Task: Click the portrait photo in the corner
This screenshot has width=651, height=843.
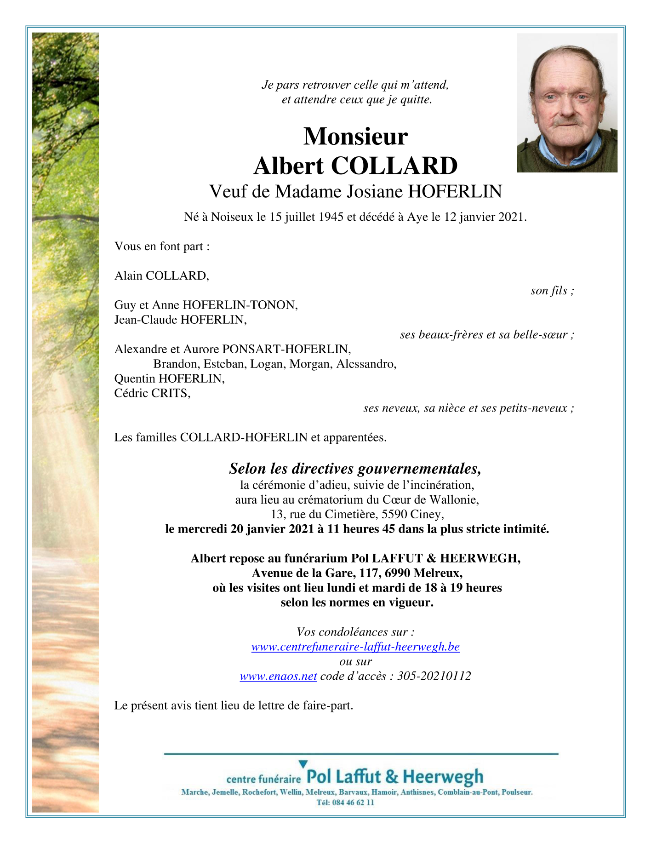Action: point(567,103)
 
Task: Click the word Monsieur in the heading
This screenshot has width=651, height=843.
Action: point(355,136)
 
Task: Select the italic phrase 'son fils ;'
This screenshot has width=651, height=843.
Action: point(552,291)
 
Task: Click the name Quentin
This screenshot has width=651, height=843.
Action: point(135,378)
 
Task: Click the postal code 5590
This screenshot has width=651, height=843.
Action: point(394,514)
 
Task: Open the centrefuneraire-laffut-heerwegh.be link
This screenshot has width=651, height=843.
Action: point(355,647)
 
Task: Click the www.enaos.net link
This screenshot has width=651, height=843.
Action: point(278,676)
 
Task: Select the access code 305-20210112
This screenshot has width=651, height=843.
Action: point(434,676)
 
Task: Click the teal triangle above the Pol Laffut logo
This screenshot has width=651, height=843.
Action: point(303,764)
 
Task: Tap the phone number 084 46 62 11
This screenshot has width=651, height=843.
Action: point(352,803)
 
